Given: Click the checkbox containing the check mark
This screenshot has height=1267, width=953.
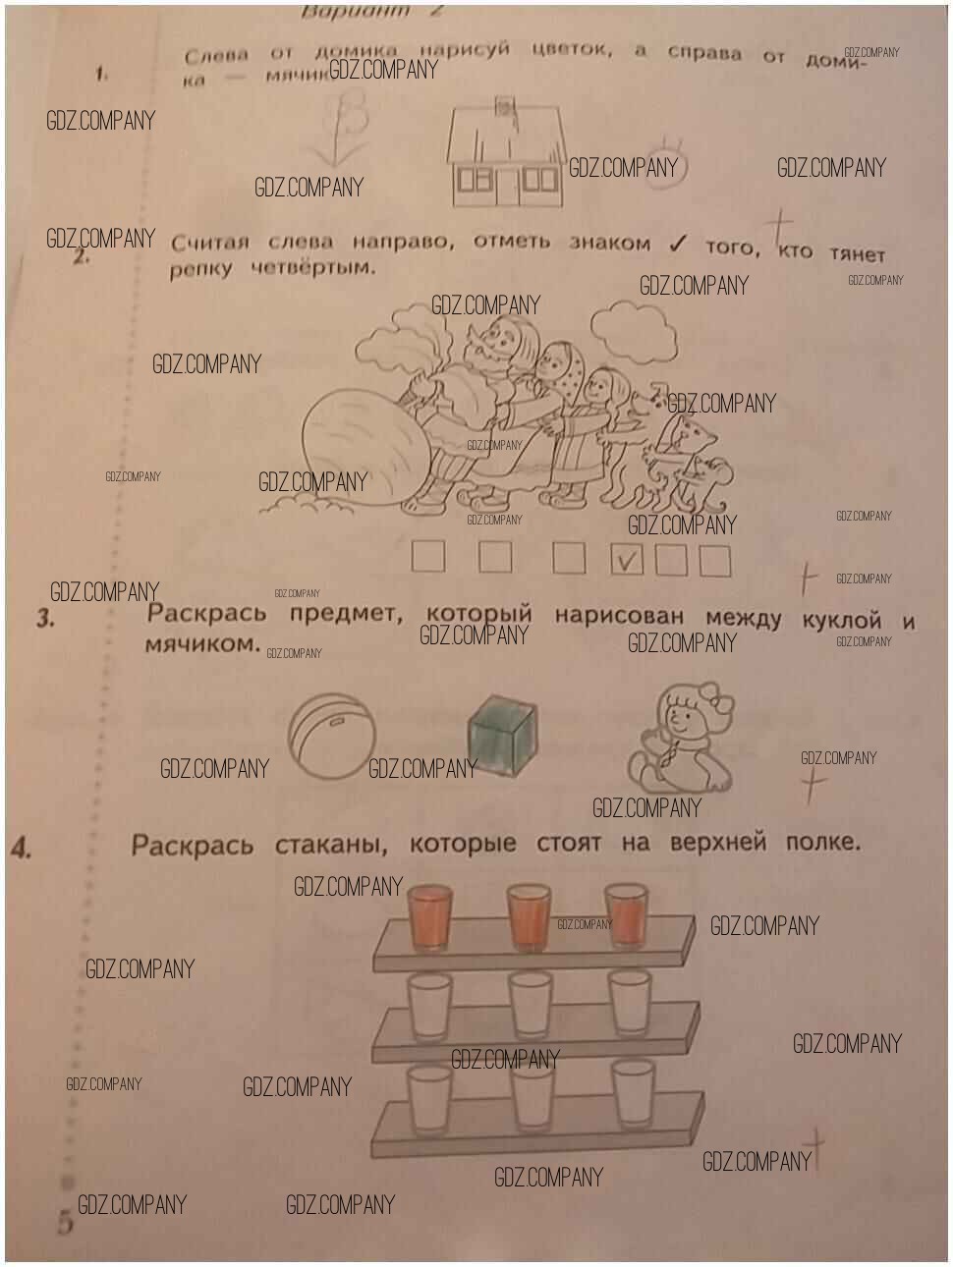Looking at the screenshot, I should tap(628, 560).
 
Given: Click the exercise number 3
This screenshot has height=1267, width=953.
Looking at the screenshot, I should tap(45, 619).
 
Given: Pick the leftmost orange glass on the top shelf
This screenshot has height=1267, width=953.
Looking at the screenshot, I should tap(428, 916).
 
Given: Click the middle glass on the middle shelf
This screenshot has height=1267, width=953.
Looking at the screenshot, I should tap(531, 1005).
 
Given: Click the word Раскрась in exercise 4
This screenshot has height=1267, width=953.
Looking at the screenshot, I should tap(193, 845).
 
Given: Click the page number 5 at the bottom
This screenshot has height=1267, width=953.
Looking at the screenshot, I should tap(65, 1224).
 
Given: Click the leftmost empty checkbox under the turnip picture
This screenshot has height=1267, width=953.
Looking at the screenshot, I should tap(427, 557).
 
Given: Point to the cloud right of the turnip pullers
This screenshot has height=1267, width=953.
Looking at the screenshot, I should tap(633, 327).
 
